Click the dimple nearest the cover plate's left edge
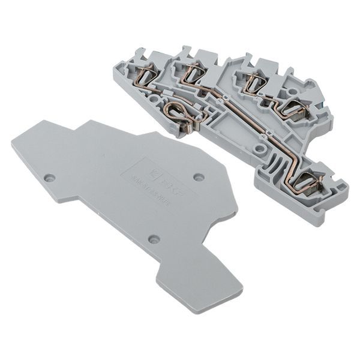coord(50,178)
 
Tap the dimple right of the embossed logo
coord(199,177)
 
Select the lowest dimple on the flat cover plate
coord(154,239)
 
